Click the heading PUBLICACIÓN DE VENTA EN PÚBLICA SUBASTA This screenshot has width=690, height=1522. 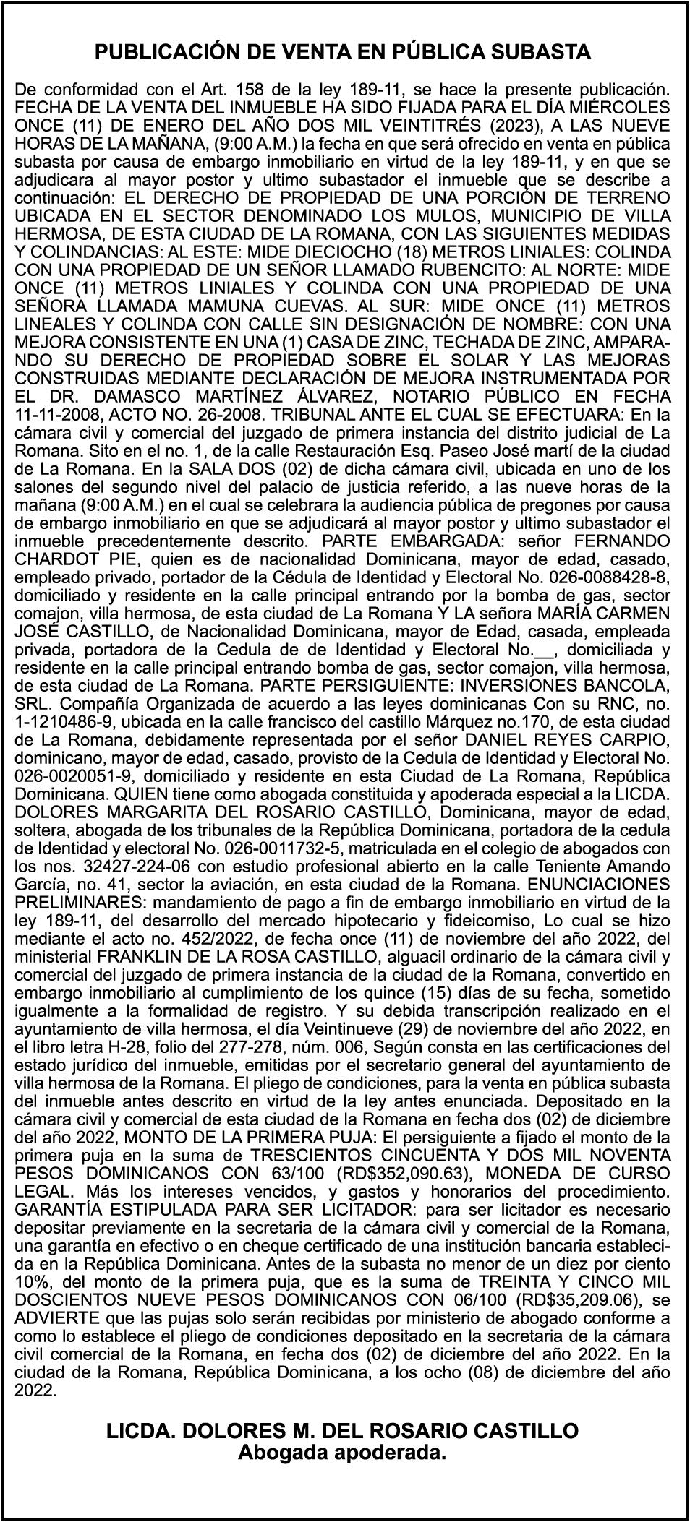click(344, 53)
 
